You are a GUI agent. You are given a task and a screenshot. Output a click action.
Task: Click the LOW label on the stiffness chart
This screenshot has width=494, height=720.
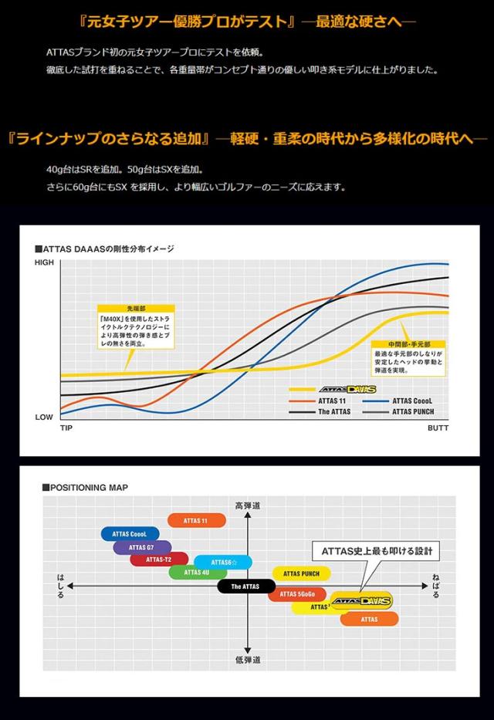click(44, 417)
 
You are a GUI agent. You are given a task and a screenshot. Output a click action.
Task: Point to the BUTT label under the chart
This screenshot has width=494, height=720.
click(438, 428)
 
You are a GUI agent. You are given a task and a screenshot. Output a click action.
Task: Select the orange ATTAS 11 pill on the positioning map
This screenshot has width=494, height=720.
click(195, 521)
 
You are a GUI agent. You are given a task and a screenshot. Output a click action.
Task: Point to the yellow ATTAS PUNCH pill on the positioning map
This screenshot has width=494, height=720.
click(301, 573)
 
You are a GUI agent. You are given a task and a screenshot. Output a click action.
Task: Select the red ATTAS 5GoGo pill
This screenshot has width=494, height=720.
click(299, 593)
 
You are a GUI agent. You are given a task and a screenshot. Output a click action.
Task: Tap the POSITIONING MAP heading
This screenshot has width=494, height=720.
click(89, 487)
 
